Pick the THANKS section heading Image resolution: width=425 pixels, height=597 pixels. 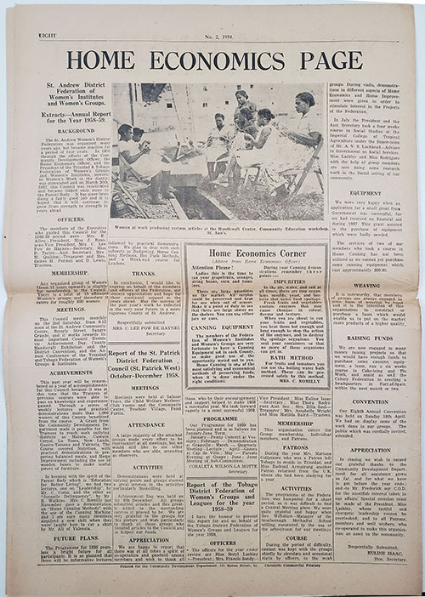coord(144,273)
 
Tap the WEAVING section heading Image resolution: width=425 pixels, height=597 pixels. coord(365,286)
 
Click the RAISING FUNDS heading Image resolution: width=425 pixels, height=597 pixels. coord(365,338)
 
